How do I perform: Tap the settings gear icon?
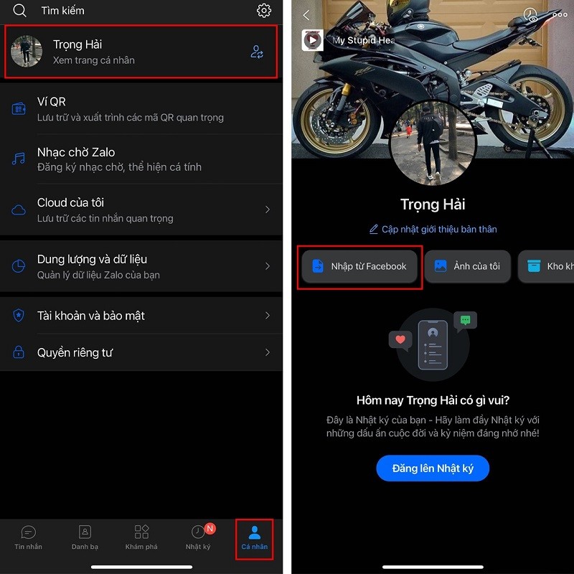click(x=264, y=11)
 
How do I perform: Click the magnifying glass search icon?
click(x=20, y=11)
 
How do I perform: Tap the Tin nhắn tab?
click(x=29, y=537)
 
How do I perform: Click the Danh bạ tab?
click(x=85, y=537)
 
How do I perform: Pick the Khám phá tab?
click(x=141, y=537)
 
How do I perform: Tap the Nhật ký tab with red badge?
click(x=198, y=537)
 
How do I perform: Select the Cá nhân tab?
click(x=254, y=537)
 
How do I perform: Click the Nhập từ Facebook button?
click(x=359, y=266)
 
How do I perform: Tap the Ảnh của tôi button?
click(x=467, y=266)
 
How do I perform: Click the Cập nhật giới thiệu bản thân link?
click(x=433, y=230)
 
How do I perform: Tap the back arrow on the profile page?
click(x=306, y=15)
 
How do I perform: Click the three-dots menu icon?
click(x=560, y=15)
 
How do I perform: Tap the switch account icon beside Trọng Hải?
click(x=257, y=52)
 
